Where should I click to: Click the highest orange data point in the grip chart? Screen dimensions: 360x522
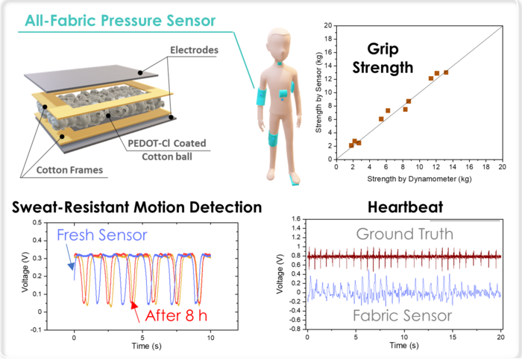(x=446, y=72)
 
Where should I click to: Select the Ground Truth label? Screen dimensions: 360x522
(x=403, y=234)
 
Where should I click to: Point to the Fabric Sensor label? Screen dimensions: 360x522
(x=403, y=315)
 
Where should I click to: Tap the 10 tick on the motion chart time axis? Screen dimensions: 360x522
(x=211, y=339)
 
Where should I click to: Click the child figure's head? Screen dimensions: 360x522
(x=274, y=45)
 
